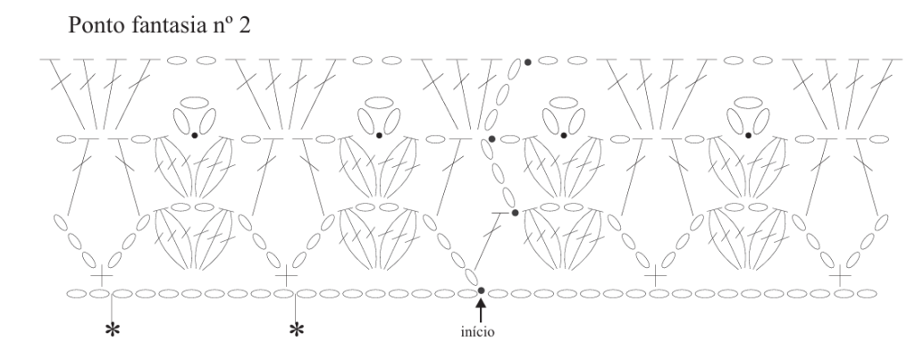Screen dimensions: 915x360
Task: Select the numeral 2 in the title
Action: [245, 26]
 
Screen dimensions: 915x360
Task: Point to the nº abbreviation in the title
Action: [220, 27]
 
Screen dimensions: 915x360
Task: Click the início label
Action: [477, 332]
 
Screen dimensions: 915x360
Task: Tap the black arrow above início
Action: [481, 310]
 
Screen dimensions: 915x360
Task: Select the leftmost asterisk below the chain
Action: [112, 331]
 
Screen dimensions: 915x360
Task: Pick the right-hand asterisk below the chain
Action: [297, 331]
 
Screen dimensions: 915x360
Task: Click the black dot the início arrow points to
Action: [481, 290]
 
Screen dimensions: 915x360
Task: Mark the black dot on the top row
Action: [527, 62]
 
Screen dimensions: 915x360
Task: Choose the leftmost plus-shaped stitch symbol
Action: [102, 276]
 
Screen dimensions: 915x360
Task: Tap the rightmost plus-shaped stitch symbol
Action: [840, 276]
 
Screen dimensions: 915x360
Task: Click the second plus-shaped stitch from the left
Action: [286, 276]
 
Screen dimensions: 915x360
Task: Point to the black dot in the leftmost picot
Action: [194, 136]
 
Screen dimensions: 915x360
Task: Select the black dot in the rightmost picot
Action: [748, 136]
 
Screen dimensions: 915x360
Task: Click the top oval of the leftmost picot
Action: [197, 103]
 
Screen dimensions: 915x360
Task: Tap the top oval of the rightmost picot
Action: [748, 103]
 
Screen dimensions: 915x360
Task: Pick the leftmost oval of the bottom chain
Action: [77, 294]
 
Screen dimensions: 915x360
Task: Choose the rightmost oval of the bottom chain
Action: [867, 294]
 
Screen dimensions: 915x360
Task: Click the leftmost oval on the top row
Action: [177, 61]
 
